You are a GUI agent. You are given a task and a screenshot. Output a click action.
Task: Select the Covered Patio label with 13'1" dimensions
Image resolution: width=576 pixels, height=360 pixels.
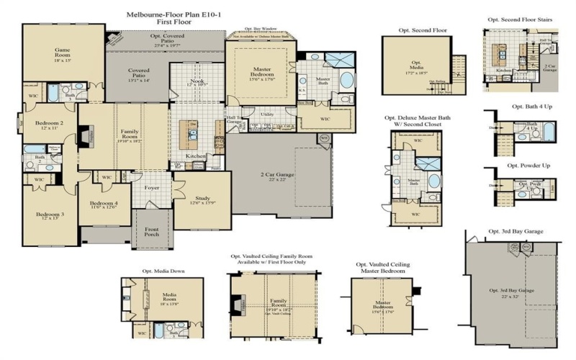click(x=139, y=75)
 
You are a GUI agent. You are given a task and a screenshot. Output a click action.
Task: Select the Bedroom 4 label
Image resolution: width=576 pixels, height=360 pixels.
click(x=104, y=206)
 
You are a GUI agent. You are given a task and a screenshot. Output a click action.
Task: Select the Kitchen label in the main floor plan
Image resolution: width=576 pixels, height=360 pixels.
click(x=196, y=156)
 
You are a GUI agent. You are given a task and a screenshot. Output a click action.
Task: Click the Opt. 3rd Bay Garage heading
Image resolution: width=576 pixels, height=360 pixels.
click(x=516, y=231)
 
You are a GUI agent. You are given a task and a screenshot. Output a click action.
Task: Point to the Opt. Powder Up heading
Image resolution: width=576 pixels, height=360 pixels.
click(x=529, y=165)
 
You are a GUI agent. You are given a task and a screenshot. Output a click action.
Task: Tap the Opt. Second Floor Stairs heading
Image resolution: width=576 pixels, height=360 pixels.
click(x=523, y=21)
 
